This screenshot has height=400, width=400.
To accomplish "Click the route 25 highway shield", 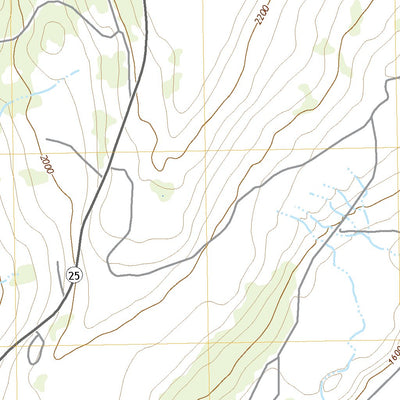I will (74, 272).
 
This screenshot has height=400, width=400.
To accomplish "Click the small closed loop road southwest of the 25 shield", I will (38, 345).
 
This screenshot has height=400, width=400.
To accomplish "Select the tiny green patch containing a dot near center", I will (162, 190).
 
